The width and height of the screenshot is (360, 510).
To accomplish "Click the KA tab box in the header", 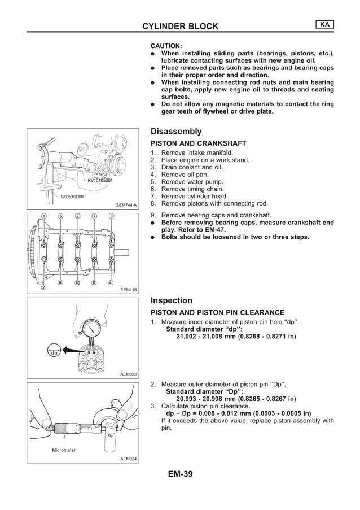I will coord(324,24).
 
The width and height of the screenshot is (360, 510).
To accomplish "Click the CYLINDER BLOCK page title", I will coord(180,26).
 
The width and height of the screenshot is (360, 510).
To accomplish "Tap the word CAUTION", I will coord(166,45).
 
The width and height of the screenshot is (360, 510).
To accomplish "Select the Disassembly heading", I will coord(176,131).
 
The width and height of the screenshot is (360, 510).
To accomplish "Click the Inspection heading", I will coord(172,300).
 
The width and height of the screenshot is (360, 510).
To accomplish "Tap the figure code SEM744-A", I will coord(127,205).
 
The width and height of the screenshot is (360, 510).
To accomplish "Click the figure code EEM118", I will coord(129,290).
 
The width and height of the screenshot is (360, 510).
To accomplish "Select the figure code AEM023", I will coord(129,374).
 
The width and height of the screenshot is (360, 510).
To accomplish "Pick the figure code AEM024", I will coord(129,459).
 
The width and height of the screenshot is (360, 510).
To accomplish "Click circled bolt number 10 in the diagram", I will coord(77,282).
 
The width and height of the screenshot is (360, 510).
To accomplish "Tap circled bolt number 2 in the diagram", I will coord(43,287).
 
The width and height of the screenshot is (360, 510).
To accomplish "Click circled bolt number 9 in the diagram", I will coord(77,216).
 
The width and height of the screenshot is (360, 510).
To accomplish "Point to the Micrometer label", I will coord(64,450).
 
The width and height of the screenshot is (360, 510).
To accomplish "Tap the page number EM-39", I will coord(180,474).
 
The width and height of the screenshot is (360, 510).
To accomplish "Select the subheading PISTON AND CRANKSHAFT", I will coord(192,143).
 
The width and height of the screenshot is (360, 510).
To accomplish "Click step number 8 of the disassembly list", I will coord(153,204).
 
